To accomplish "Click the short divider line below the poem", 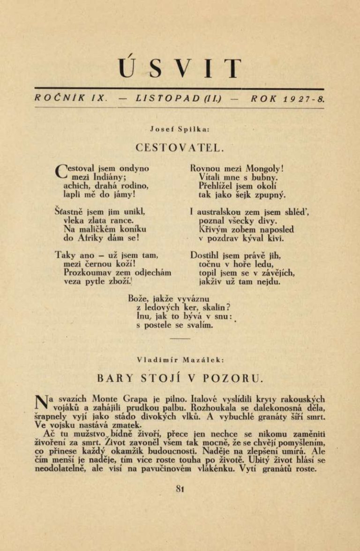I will [180, 338].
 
